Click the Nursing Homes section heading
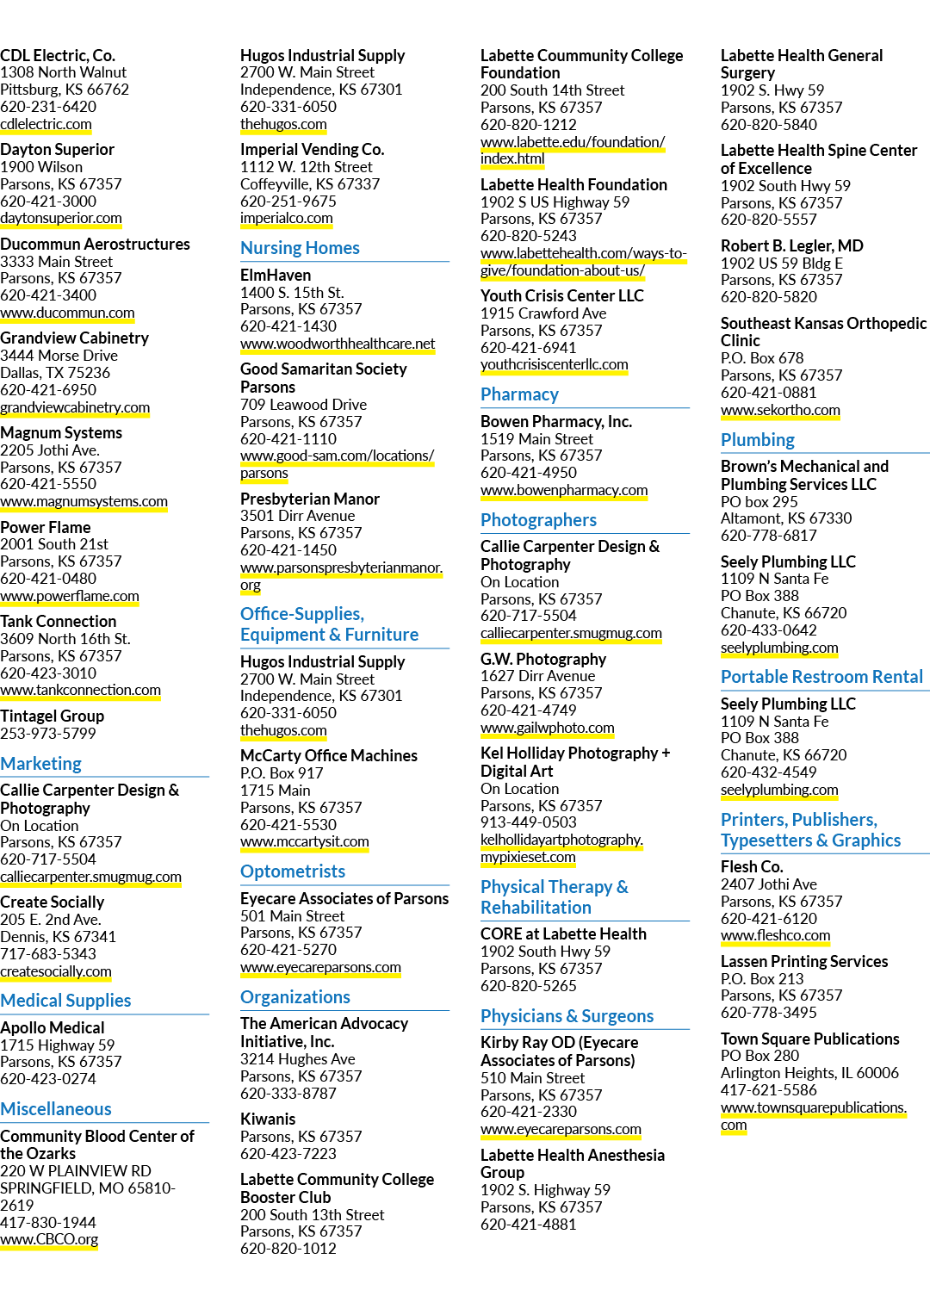click(300, 248)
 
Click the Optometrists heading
click(293, 871)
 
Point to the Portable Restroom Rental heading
click(821, 676)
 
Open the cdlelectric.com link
click(46, 124)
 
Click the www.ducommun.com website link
click(67, 313)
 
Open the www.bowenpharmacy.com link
click(564, 490)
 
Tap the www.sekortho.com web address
click(780, 410)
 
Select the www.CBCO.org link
click(49, 1239)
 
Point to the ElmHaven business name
click(276, 275)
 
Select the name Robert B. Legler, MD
click(792, 245)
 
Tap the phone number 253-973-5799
click(48, 733)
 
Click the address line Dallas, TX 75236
click(55, 373)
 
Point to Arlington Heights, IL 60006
click(809, 1072)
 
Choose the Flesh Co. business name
click(752, 866)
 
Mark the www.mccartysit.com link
click(305, 841)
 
